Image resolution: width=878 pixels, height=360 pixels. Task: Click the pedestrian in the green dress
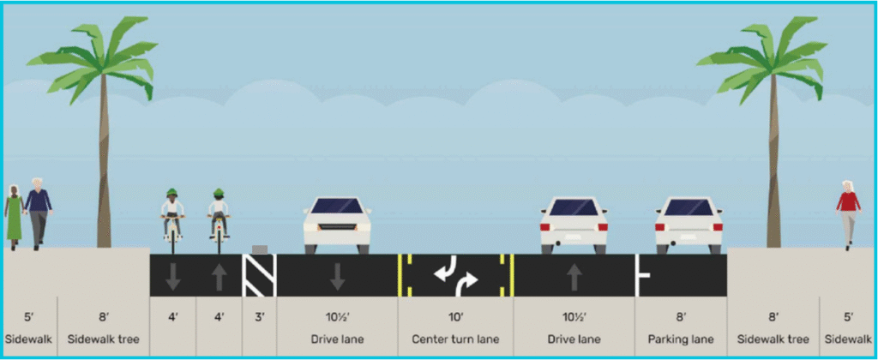point(15,218)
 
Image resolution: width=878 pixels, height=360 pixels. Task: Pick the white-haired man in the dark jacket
point(38,213)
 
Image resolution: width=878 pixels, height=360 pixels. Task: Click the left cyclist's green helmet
point(172,192)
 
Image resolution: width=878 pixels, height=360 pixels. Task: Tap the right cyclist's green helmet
point(219,191)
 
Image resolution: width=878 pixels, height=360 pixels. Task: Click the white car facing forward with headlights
point(337,225)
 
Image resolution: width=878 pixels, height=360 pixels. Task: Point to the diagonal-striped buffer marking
point(258,275)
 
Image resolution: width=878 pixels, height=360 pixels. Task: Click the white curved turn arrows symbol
point(454,275)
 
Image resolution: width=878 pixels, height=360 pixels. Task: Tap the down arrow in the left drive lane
point(337,275)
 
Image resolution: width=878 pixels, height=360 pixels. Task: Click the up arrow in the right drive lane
point(572,275)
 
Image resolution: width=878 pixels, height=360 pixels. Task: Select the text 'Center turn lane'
point(454,339)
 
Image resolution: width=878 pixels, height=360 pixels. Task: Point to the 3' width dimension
point(258,317)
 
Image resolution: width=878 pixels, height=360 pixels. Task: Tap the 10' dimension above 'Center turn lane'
point(454,317)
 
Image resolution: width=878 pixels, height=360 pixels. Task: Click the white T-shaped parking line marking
point(640,275)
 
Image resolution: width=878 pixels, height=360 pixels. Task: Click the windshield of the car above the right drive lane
point(573,207)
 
